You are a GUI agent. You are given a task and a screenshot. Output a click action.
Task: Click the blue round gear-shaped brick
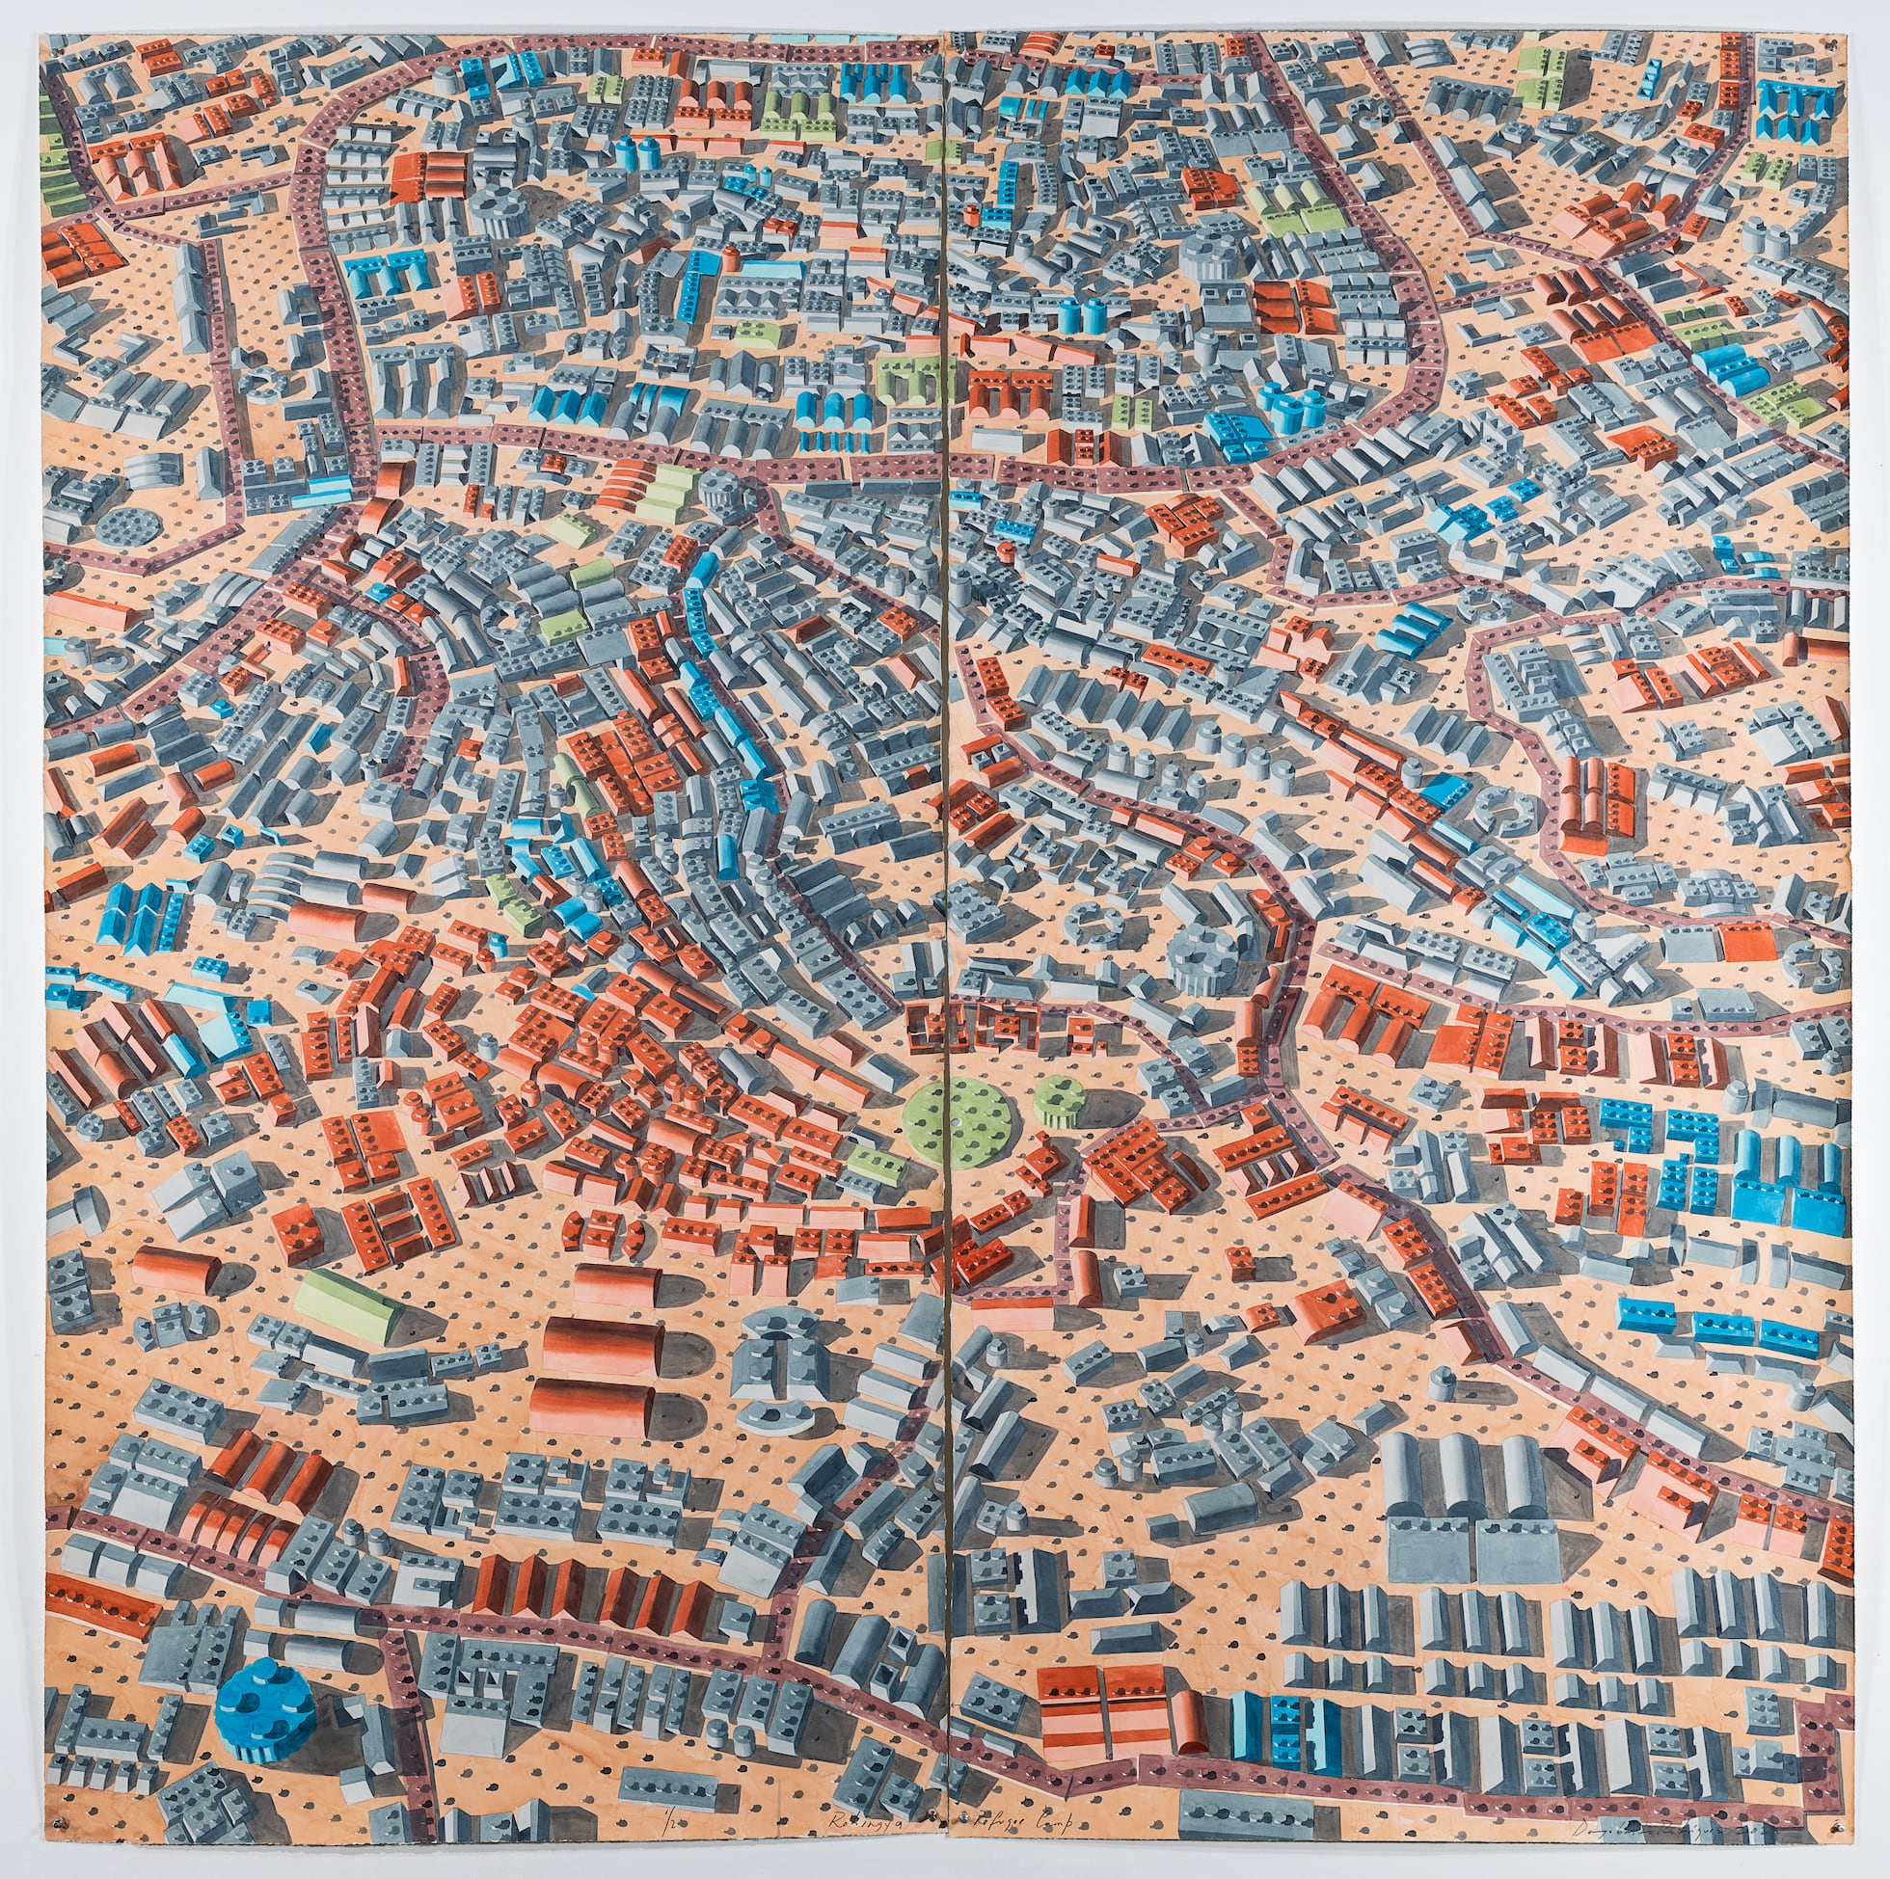[x=264, y=1692]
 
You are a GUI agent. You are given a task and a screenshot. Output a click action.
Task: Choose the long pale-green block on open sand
[x=349, y=1303]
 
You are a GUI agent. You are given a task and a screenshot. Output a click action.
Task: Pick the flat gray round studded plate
[x=129, y=526]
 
